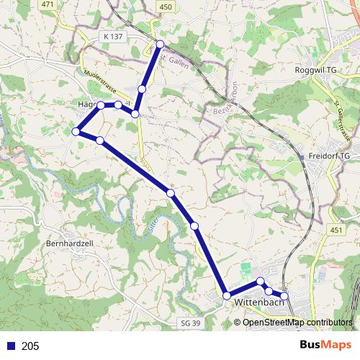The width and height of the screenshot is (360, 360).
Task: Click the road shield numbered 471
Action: (x=48, y=6)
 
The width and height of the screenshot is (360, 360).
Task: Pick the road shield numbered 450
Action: (x=166, y=6)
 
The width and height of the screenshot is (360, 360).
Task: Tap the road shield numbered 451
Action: (x=336, y=230)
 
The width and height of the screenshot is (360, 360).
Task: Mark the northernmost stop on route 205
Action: (x=161, y=45)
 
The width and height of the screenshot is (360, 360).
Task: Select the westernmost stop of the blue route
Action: (x=76, y=131)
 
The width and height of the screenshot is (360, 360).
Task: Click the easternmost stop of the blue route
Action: (x=284, y=296)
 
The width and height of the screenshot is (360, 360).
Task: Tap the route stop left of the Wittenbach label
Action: (x=227, y=296)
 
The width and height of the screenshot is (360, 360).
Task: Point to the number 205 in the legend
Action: (x=31, y=346)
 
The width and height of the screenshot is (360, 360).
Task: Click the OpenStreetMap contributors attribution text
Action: (x=297, y=323)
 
